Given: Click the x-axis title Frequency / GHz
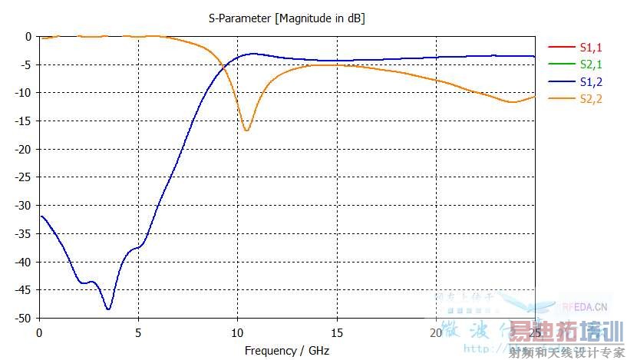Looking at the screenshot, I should coord(287,350).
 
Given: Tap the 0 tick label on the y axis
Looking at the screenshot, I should coord(28,36).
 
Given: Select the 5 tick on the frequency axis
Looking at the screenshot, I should coord(138,332).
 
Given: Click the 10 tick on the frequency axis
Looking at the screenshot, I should coord(237,332).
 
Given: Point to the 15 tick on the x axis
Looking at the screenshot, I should coord(336,332).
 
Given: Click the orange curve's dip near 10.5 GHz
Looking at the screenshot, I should coord(246,130).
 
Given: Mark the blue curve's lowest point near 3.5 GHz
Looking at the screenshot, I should coord(109,309).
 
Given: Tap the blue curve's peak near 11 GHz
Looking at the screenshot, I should coord(252,54).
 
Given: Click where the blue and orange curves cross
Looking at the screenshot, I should coord(223,68).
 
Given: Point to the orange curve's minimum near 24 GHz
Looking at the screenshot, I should coord(512,102).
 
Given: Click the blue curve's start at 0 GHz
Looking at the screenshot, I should coord(40,216).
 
